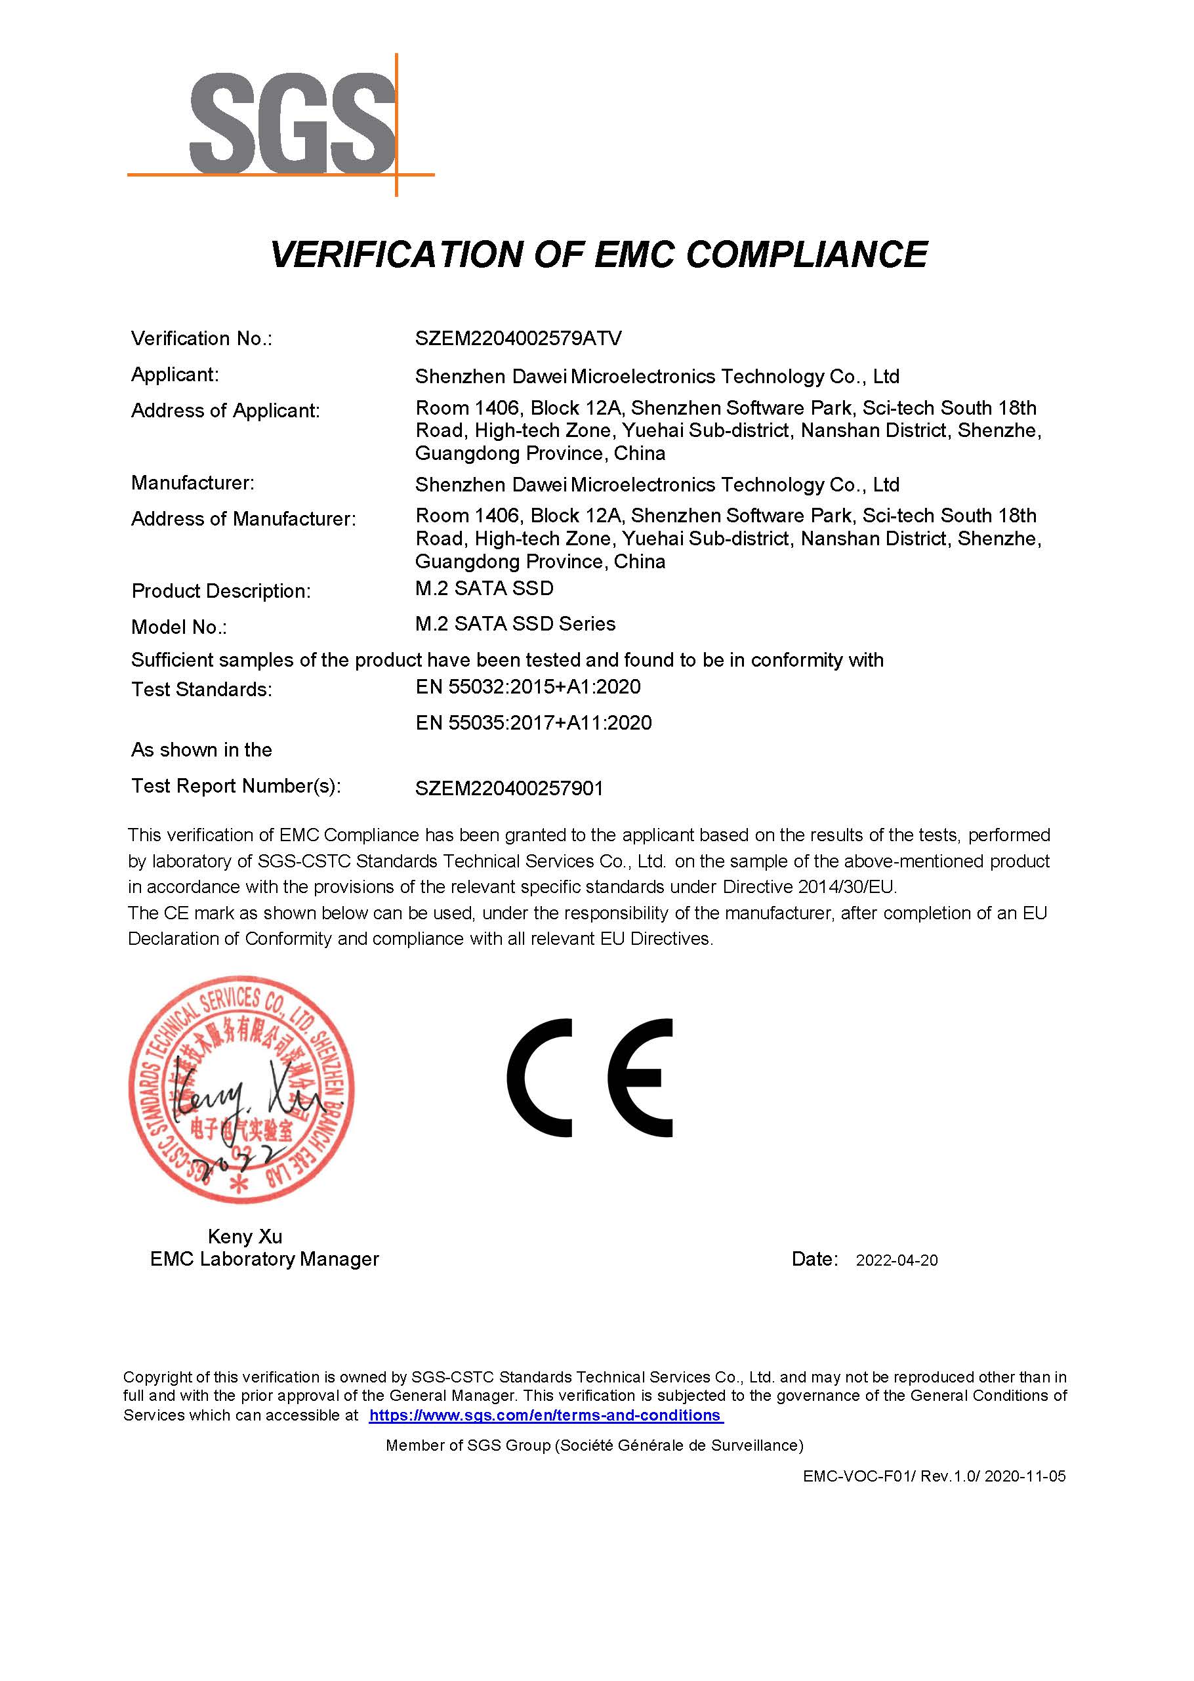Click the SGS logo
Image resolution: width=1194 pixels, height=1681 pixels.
[293, 123]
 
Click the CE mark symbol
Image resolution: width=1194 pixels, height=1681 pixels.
[590, 1078]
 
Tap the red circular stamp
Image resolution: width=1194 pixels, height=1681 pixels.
[241, 1089]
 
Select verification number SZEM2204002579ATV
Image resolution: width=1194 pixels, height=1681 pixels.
[518, 339]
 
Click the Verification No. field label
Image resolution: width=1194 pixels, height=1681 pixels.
[201, 339]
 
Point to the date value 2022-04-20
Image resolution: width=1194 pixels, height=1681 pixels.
[896, 1260]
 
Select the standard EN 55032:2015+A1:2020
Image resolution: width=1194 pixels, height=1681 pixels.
[528, 687]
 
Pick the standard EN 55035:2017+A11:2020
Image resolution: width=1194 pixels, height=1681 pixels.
[533, 723]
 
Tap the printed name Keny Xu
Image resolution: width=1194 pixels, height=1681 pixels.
[245, 1237]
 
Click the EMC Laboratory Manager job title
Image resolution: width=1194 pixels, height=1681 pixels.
[264, 1260]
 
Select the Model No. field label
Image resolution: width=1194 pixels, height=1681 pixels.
[178, 627]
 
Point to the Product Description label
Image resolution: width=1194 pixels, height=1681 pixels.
[220, 591]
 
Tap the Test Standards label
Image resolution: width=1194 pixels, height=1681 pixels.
[201, 690]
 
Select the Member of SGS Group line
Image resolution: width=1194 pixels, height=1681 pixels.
[594, 1445]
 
